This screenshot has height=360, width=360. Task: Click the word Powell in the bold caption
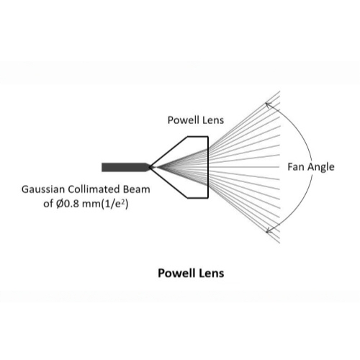[177, 274]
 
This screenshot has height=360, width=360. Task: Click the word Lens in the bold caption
[212, 274]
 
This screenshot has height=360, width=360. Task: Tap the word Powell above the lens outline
[184, 120]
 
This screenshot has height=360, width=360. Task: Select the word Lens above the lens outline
[213, 120]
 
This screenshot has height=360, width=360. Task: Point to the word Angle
[320, 168]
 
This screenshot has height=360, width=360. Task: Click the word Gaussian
[43, 189]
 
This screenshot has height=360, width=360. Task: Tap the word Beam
[137, 189]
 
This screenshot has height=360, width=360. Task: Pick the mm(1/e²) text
[105, 204]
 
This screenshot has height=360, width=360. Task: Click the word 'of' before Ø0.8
[48, 204]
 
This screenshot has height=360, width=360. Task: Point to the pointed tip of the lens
[149, 167]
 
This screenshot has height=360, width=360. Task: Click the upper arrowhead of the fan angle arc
[267, 104]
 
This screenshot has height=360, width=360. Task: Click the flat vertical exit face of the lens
[208, 167]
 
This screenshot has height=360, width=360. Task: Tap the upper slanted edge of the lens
[168, 152]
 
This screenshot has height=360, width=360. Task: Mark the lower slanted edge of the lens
[168, 183]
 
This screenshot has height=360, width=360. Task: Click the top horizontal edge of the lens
[198, 137]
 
